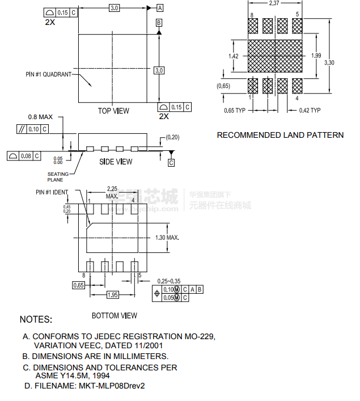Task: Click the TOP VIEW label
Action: [113, 111]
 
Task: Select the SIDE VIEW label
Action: [116, 162]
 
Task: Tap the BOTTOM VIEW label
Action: [115, 315]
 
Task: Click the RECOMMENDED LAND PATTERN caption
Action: [280, 135]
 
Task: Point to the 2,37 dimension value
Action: [274, 3]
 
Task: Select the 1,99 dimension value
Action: [316, 56]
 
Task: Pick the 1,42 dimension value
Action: [233, 56]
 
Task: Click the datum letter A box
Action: [160, 8]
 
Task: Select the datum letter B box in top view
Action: [159, 22]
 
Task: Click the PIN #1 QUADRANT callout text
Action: [49, 74]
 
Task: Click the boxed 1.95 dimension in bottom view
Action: [113, 295]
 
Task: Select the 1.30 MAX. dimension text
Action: [167, 238]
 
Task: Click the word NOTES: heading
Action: [36, 319]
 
